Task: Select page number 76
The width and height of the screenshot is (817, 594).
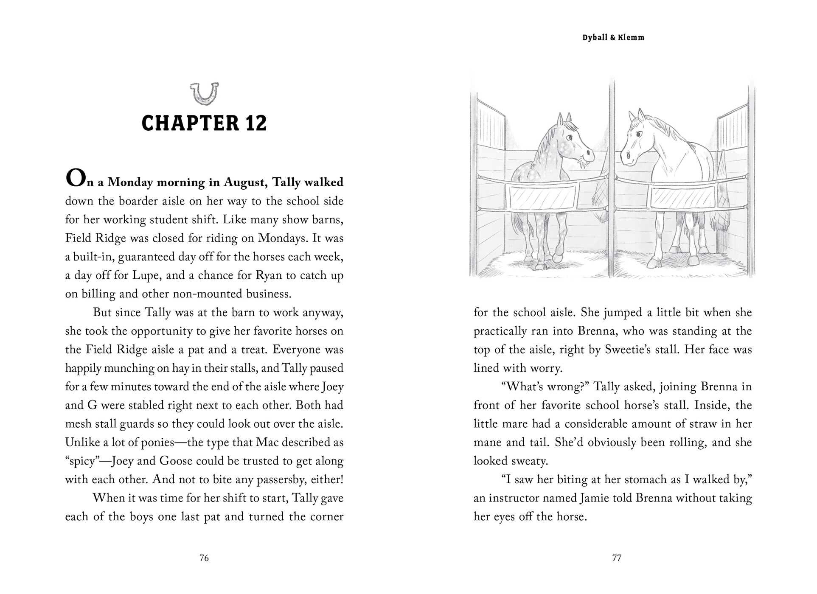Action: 204,558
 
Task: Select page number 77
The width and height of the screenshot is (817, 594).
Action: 617,558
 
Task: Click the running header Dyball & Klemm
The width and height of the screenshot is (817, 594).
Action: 613,37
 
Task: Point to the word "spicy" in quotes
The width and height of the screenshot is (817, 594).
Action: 84,461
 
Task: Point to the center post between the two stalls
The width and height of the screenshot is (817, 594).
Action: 612,178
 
